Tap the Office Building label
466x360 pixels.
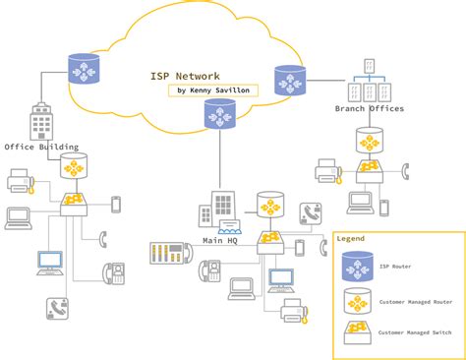point(40,147)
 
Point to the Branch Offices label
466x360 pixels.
point(370,109)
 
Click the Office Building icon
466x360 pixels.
point(42,123)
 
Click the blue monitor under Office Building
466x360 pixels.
point(49,263)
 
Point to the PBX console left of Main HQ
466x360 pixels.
point(168,253)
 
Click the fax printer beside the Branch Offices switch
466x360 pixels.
point(328,172)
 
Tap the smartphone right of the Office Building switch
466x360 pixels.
point(116,205)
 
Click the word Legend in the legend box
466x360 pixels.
point(351,239)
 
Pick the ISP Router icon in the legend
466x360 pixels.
point(357,266)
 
